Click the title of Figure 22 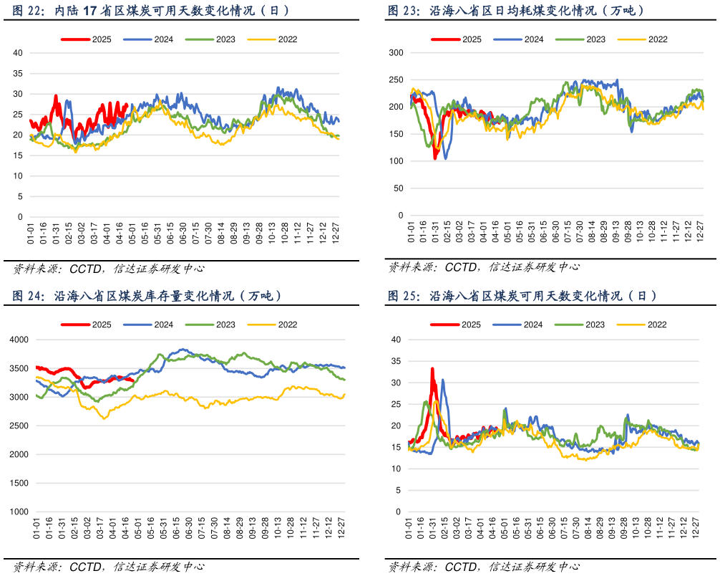click(x=151, y=11)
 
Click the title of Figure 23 click(x=516, y=11)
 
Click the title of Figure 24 click(x=147, y=295)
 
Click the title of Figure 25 click(x=522, y=295)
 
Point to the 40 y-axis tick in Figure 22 click(x=19, y=53)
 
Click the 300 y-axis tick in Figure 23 click(x=397, y=53)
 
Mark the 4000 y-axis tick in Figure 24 click(x=17, y=340)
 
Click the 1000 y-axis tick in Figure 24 click(x=17, y=512)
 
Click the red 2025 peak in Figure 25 click(x=432, y=369)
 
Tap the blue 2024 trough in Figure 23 click(x=446, y=158)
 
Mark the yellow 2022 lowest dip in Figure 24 click(x=105, y=418)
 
